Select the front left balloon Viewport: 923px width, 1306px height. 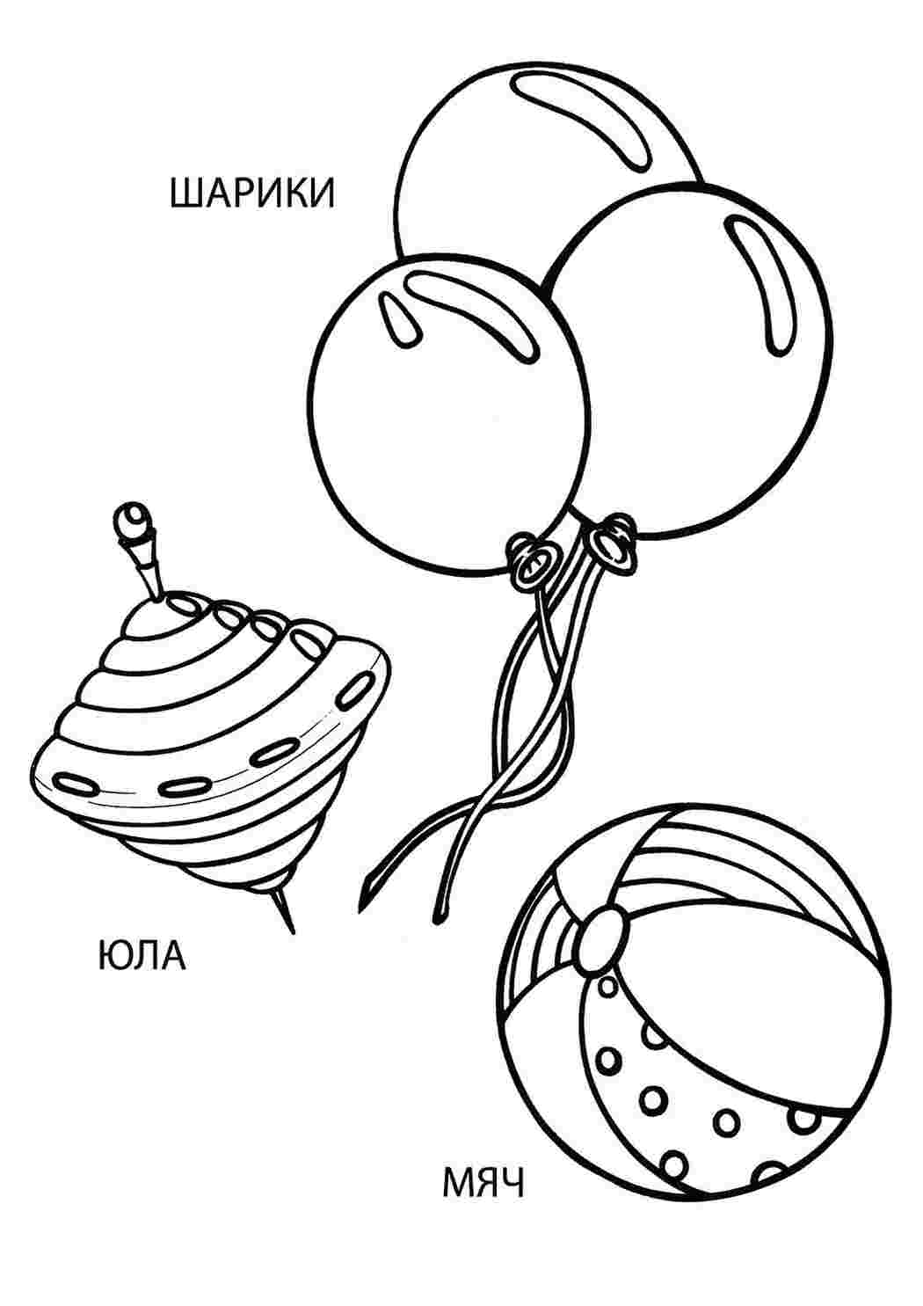pos(448,414)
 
